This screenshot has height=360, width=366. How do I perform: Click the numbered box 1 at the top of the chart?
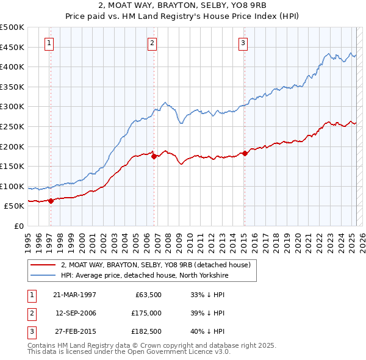tap(48, 43)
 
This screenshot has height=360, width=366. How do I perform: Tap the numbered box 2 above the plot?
tap(152, 43)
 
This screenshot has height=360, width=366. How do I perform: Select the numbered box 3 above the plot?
tap(243, 43)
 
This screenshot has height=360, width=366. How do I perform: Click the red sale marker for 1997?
tap(51, 201)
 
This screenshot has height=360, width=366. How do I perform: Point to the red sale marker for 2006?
tap(154, 156)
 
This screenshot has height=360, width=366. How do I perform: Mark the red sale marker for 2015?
tap(245, 153)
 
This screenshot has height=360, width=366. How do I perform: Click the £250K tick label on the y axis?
tap(12, 126)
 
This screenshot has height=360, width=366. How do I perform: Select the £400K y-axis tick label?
tap(12, 67)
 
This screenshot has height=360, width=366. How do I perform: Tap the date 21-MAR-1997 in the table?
tap(74, 295)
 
